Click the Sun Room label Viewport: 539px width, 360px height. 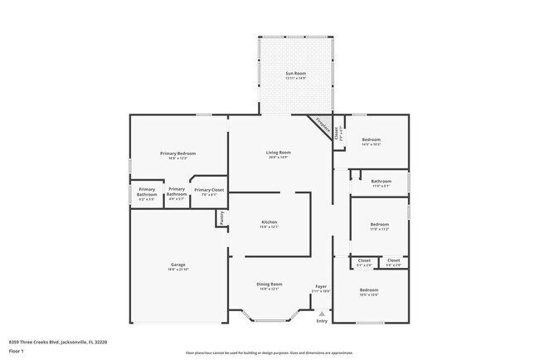(296, 74)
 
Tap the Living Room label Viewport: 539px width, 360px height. (278, 153)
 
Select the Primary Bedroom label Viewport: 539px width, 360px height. (178, 154)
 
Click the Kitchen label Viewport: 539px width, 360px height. (269, 222)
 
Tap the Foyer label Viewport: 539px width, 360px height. (321, 285)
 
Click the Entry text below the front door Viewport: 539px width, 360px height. (322, 321)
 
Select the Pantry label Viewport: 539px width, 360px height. (221, 217)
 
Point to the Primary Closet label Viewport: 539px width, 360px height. (209, 190)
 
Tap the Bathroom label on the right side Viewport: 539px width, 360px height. (381, 181)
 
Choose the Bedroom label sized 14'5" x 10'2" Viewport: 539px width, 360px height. (370, 139)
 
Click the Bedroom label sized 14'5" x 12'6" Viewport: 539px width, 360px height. (369, 289)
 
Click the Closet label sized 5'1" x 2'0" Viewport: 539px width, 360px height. (364, 260)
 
